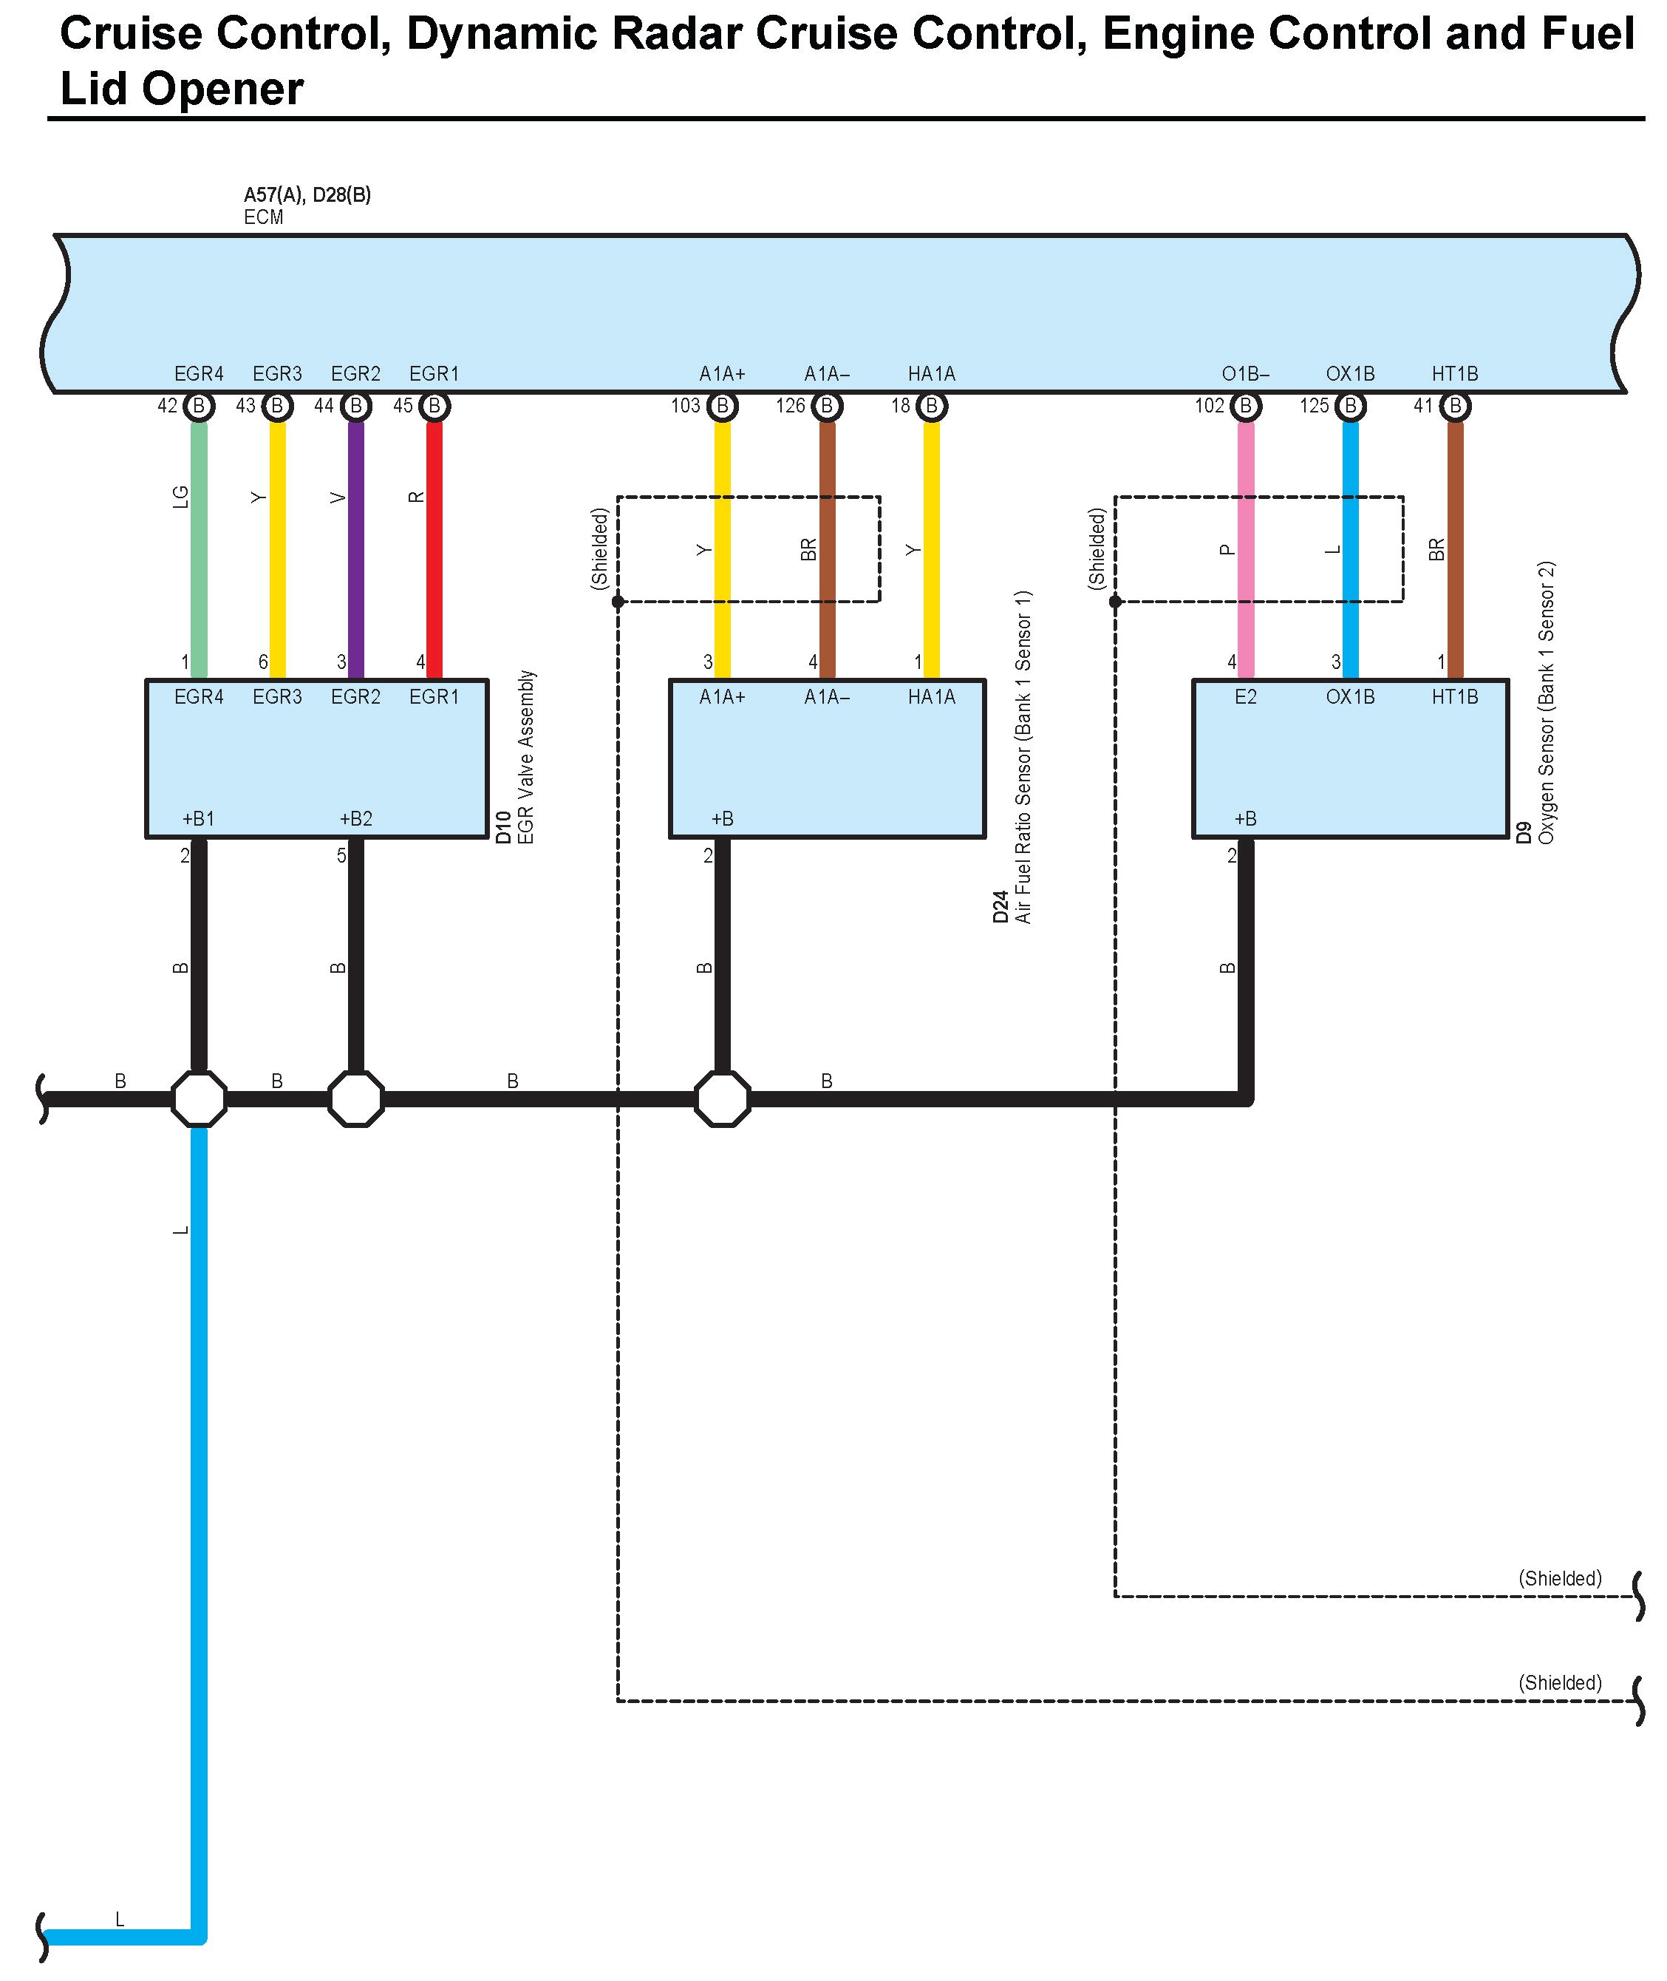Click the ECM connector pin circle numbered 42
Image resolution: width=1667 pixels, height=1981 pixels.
[199, 407]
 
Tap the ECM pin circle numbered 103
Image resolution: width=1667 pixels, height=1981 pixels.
[722, 407]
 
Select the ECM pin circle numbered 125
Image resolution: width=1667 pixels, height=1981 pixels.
[1351, 407]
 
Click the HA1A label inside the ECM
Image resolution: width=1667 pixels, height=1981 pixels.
[931, 374]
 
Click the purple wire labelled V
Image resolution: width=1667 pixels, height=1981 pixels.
[355, 548]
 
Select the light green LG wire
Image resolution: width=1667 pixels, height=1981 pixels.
[199, 548]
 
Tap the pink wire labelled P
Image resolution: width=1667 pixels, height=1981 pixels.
[1246, 548]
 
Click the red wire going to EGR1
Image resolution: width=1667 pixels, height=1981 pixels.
[434, 548]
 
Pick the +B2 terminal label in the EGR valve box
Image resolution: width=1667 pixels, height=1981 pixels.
[355, 818]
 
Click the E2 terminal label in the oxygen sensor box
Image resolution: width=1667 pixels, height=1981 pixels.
[1246, 698]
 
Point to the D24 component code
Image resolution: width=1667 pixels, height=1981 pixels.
[1000, 906]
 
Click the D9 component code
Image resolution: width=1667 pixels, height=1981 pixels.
[1524, 832]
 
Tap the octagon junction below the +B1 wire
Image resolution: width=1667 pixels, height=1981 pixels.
[199, 1098]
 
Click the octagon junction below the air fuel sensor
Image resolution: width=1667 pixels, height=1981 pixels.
[722, 1098]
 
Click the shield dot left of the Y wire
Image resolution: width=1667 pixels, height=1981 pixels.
[617, 601]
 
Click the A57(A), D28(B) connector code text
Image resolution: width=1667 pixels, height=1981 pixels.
[307, 194]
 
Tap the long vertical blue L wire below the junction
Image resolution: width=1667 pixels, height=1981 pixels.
[199, 1512]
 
